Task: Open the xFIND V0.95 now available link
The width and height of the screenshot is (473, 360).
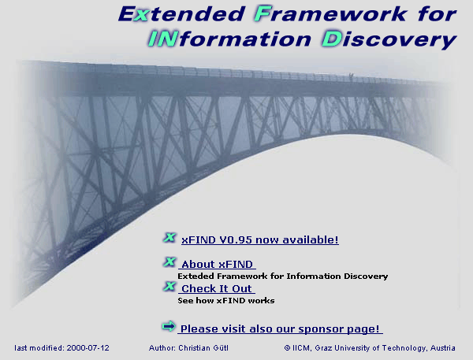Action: tap(259, 239)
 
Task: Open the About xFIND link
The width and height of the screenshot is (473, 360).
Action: tap(217, 265)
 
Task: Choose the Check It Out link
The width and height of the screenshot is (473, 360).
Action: tap(217, 289)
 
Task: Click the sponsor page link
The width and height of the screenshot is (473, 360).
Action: tap(280, 328)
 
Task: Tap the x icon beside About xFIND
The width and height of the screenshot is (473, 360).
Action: tap(169, 262)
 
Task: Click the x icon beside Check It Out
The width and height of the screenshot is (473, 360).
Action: tap(169, 287)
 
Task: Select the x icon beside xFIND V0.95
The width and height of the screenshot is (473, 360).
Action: tap(169, 237)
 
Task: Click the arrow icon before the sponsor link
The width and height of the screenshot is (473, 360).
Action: tap(168, 326)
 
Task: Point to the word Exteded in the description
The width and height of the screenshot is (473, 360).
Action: tap(195, 276)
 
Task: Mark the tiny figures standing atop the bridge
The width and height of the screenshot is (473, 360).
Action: tap(350, 76)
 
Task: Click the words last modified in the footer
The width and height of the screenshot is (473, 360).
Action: tap(39, 347)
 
